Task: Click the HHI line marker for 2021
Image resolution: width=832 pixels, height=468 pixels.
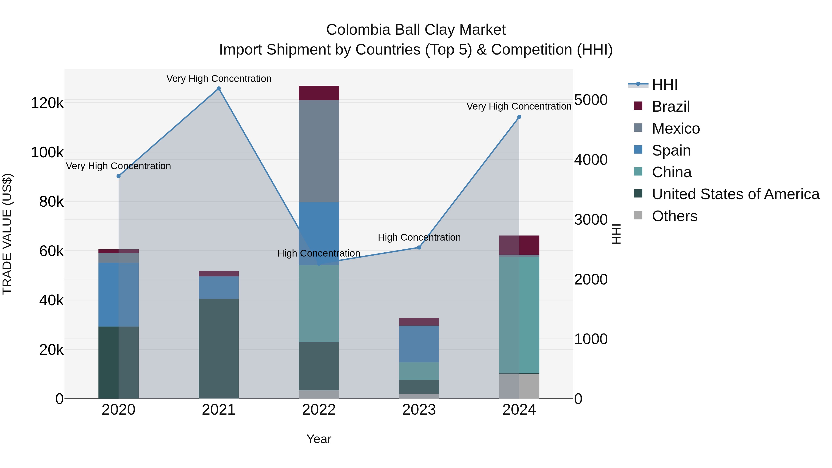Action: (x=219, y=89)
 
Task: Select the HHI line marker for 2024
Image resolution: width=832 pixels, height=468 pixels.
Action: (x=519, y=117)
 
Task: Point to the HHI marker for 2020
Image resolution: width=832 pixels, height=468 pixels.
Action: (x=119, y=176)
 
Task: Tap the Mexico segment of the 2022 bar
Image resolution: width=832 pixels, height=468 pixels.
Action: (x=319, y=151)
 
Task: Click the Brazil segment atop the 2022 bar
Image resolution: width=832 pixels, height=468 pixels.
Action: (x=319, y=93)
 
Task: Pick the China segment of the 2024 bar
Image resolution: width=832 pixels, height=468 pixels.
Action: (x=519, y=315)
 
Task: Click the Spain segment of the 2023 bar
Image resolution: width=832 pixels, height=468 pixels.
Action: (x=419, y=344)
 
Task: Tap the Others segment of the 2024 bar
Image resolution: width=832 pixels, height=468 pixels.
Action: (x=519, y=386)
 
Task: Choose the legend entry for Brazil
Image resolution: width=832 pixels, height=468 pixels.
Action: (x=670, y=107)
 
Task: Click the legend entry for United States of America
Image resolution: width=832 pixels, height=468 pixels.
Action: (x=735, y=194)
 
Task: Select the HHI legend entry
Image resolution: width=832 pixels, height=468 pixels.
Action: (x=664, y=85)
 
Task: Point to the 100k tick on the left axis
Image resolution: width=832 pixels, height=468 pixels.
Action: (x=47, y=153)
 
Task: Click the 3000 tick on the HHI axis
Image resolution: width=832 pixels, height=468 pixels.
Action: (x=591, y=220)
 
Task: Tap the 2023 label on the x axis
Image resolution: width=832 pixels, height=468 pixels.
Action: (x=419, y=410)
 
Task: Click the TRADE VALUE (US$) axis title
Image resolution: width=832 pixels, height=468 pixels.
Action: (x=7, y=234)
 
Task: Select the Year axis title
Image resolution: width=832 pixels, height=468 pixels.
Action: (x=319, y=439)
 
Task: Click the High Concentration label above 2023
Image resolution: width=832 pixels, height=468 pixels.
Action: (x=419, y=237)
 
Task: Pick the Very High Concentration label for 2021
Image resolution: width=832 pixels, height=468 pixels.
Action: (x=219, y=79)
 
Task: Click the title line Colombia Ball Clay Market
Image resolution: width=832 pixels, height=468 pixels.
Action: (x=416, y=30)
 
